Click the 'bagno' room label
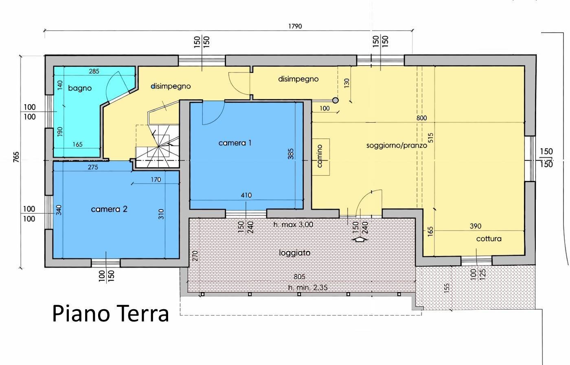[x=80, y=88]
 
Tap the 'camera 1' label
[x=235, y=143]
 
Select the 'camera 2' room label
[x=109, y=209]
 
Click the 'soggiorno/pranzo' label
[x=397, y=145]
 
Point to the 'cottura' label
[x=489, y=239]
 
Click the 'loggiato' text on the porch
[x=294, y=253]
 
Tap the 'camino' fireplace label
[x=320, y=156]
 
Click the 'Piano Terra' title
[x=110, y=314]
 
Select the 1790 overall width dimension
[x=295, y=26]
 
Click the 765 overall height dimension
[x=16, y=157]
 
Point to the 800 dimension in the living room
[x=421, y=118]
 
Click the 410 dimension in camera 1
[x=246, y=195]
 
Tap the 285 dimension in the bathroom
[x=94, y=71]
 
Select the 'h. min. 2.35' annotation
[x=307, y=288]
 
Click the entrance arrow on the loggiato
[x=360, y=240]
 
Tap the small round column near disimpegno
[x=335, y=100]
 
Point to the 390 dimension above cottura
[x=475, y=226]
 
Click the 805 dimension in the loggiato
[x=299, y=277]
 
